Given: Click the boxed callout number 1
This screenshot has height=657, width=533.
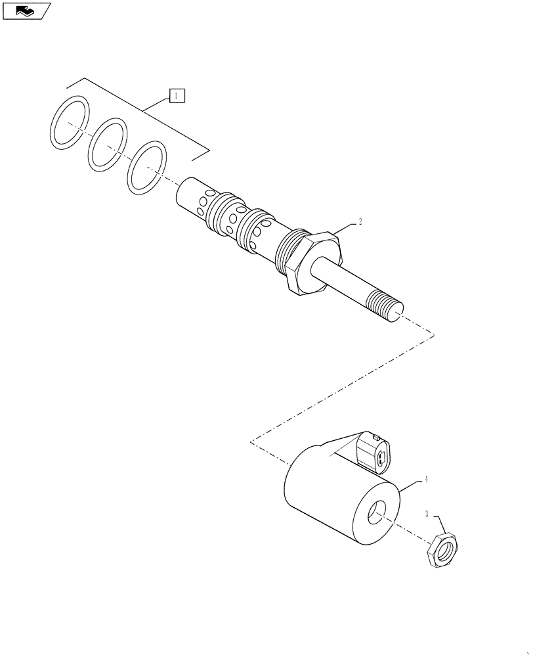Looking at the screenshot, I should pos(177,97).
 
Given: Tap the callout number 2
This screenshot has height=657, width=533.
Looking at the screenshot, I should pos(360,222).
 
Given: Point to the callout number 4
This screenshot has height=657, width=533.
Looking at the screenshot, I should pos(425,480).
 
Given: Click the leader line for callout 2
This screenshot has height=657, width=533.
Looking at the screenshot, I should pos(346,227).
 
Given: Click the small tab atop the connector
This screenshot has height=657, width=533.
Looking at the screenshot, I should pos(375,436).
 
